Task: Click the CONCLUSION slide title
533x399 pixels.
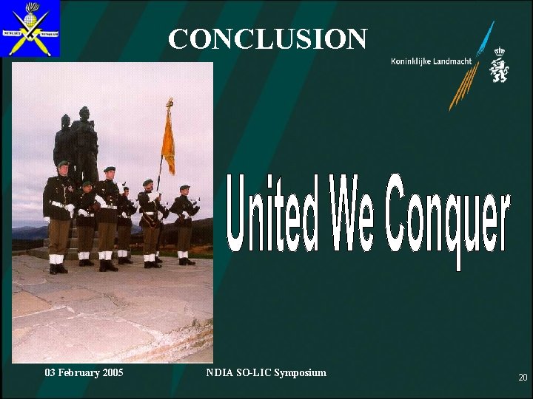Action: tap(266, 38)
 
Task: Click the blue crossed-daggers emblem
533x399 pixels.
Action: tap(30, 30)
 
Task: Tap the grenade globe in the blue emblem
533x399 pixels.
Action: tap(30, 14)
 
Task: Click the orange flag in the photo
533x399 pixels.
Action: tap(168, 140)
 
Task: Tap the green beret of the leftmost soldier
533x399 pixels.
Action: tap(63, 163)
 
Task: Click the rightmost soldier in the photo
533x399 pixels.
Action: tap(183, 222)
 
